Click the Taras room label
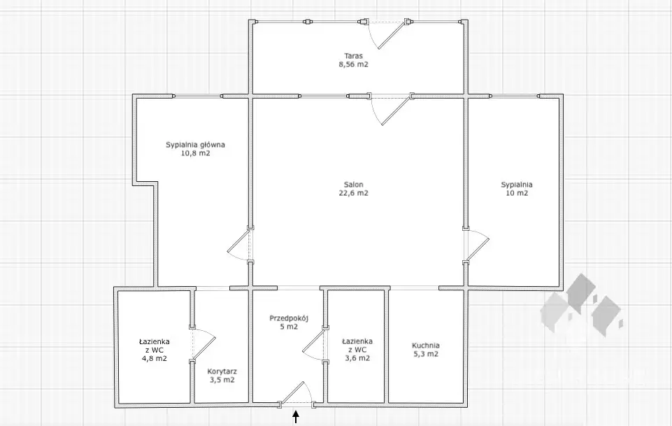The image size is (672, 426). [x=354, y=56]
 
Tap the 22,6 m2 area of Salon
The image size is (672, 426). [x=354, y=193]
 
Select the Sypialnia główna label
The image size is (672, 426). [x=195, y=145]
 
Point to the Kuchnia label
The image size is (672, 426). [x=426, y=346]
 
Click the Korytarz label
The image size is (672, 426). [x=222, y=371]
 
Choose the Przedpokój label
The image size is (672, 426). [x=289, y=318]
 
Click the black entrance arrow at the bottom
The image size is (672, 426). [x=296, y=417]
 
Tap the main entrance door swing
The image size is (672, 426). [x=296, y=393]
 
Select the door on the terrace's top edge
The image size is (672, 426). [x=386, y=34]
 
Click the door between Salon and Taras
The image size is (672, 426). [x=391, y=109]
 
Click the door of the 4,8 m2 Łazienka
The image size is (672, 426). [x=202, y=345]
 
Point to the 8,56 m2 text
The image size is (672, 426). [x=354, y=64]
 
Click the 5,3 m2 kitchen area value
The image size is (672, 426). [x=426, y=354]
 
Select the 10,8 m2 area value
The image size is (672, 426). [x=195, y=153]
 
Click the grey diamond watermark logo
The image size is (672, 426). [x=582, y=305]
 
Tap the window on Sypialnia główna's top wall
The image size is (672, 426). [x=198, y=96]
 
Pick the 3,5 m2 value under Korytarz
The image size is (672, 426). [x=222, y=380]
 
